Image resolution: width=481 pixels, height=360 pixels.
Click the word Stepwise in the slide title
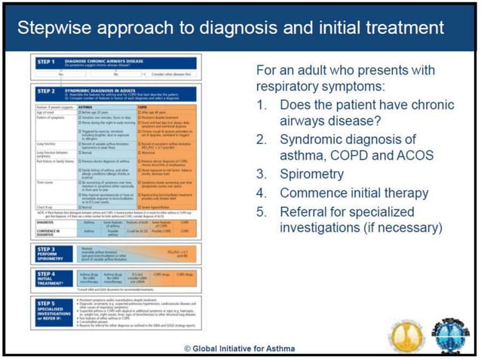[x=58, y=28]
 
